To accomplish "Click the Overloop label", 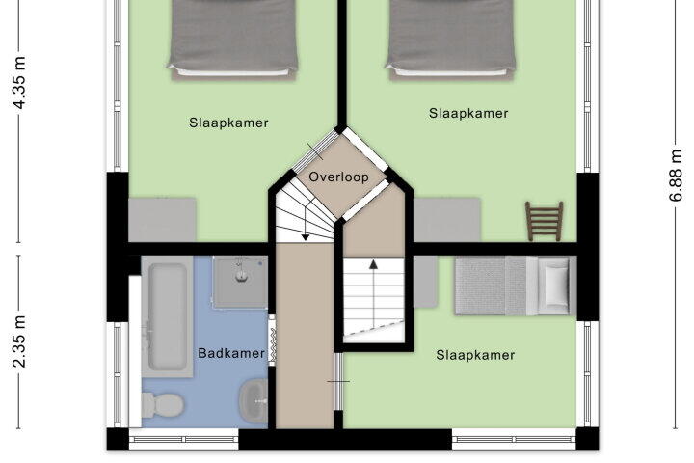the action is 338,177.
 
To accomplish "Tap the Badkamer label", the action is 231,353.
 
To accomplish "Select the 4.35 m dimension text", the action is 19,83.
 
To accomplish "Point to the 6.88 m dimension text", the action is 676,176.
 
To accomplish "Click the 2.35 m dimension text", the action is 19,341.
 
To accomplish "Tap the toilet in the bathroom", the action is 163,404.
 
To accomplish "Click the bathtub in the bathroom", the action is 167,316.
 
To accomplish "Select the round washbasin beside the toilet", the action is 254,401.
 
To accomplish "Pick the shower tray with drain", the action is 240,282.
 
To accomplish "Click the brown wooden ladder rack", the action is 545,221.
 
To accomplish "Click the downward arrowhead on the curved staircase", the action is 306,238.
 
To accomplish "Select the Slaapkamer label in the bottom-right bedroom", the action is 475,355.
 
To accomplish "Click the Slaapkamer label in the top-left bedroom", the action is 228,123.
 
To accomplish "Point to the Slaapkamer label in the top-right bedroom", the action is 468,113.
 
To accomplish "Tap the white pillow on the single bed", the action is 557,285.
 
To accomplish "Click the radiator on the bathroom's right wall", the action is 272,340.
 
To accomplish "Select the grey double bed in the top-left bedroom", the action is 232,40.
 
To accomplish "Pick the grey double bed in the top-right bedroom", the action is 450,40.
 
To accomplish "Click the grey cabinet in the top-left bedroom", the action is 162,220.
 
